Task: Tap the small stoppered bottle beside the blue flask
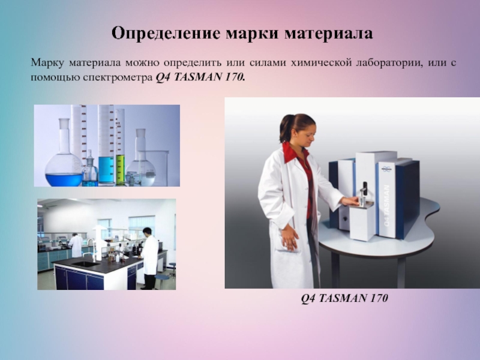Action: pyautogui.click(x=90, y=171)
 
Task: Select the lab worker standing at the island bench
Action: pyautogui.click(x=148, y=255)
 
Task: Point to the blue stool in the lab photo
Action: pyautogui.click(x=172, y=268)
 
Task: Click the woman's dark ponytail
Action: pyautogui.click(x=284, y=130)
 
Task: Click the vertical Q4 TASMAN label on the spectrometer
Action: pyautogui.click(x=386, y=205)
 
